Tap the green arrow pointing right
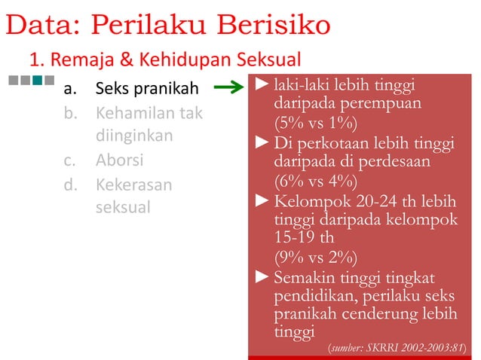pos(229,90)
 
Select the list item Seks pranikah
pos(146,90)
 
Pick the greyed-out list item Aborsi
pos(120,161)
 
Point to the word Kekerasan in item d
pos(133,185)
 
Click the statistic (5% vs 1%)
pos(315,123)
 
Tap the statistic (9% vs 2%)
pos(315,257)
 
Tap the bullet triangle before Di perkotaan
pos(262,142)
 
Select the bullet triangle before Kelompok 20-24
pos(262,202)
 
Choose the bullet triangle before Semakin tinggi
pos(262,277)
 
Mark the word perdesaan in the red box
pos(410,161)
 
